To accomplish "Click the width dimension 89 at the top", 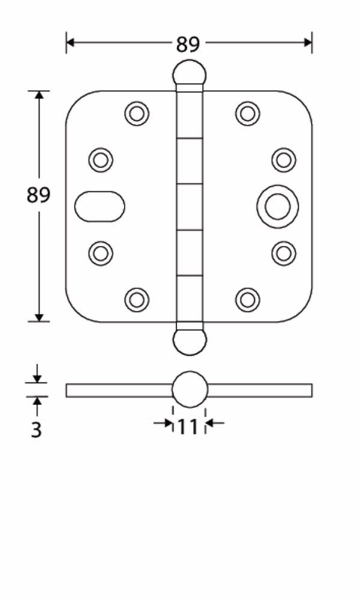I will click(188, 44).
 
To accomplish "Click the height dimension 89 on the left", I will click(38, 195).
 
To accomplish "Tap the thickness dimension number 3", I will click(37, 430).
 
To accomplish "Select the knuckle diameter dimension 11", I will click(188, 427).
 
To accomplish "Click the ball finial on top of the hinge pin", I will click(189, 73).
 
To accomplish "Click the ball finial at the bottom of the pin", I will click(189, 340).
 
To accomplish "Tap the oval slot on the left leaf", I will click(100, 207).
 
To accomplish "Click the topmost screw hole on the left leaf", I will click(137, 113).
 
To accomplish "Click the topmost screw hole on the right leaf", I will click(247, 113).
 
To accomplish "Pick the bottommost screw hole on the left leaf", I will click(137, 299).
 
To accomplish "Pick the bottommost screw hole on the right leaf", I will click(247, 299).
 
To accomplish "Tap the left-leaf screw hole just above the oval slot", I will click(101, 160).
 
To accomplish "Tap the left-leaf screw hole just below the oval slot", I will click(101, 253).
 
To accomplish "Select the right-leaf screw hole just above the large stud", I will click(283, 160).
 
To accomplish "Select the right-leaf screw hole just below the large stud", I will click(283, 253).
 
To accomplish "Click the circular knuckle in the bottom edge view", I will click(189, 389).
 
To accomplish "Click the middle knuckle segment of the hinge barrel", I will click(189, 207).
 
